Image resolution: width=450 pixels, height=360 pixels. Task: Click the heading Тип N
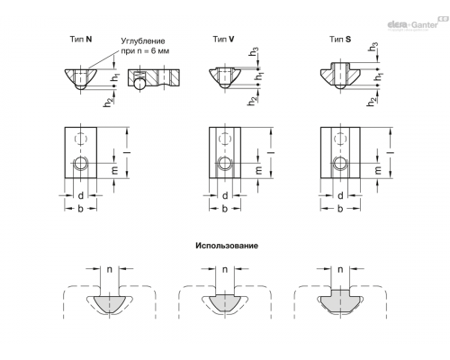(x=81, y=39)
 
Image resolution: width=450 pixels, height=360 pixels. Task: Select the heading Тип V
(x=224, y=39)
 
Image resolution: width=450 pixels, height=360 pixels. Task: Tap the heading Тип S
(x=340, y=39)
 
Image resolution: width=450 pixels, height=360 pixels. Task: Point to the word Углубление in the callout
(x=143, y=41)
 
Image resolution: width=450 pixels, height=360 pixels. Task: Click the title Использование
(x=227, y=246)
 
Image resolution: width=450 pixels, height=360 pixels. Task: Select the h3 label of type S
(x=373, y=47)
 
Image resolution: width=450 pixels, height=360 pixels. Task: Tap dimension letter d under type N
(x=81, y=195)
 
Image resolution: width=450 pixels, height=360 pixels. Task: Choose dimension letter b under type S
(x=340, y=209)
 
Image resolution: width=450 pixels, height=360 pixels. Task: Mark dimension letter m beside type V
(x=258, y=170)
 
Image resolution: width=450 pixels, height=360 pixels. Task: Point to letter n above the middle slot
(x=225, y=269)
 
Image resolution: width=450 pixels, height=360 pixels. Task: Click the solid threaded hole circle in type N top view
(x=80, y=164)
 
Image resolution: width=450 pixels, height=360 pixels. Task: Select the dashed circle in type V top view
(x=224, y=139)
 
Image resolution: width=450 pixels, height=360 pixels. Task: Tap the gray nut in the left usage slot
(x=110, y=304)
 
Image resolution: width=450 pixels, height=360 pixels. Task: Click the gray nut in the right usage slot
(x=340, y=301)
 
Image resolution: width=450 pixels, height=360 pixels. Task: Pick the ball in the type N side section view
(x=139, y=84)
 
